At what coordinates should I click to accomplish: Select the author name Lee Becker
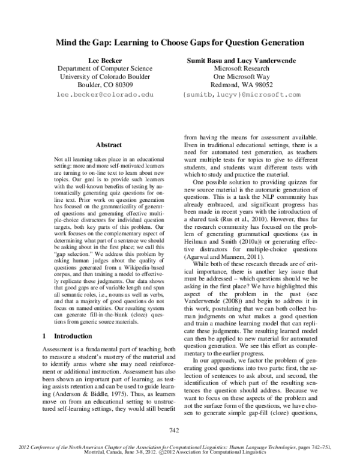105,60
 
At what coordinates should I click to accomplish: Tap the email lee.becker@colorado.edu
105,95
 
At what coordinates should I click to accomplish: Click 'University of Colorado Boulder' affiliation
105,77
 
